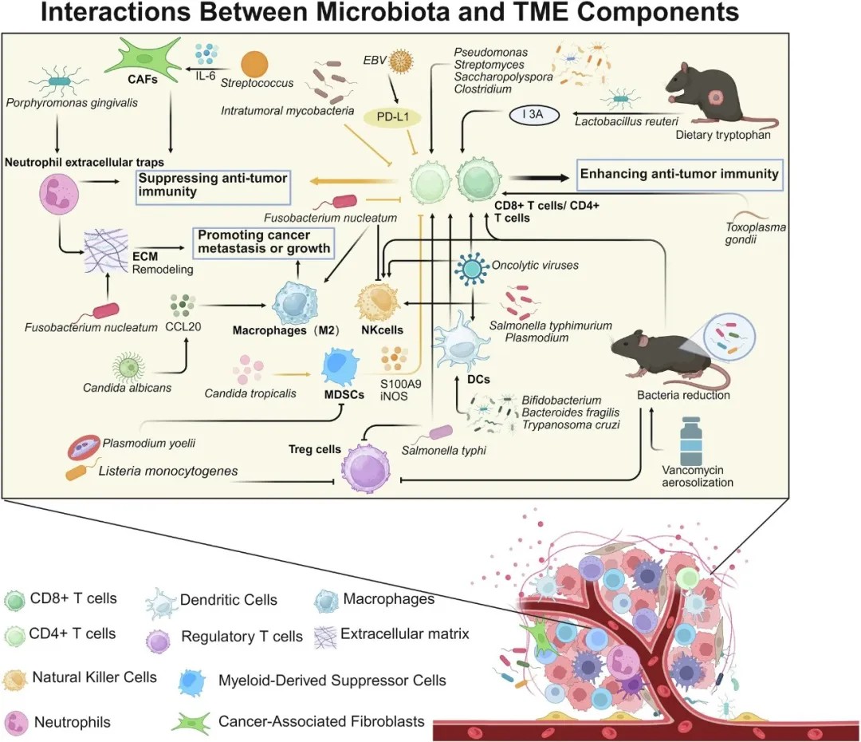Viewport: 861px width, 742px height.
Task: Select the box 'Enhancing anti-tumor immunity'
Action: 678,174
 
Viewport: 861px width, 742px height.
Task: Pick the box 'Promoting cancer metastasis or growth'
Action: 264,242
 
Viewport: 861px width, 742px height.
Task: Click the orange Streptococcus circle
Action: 254,64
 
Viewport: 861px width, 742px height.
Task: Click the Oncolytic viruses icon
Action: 471,269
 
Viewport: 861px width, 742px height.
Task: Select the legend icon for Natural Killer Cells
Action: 17,679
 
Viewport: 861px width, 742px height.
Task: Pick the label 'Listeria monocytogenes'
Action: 168,471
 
